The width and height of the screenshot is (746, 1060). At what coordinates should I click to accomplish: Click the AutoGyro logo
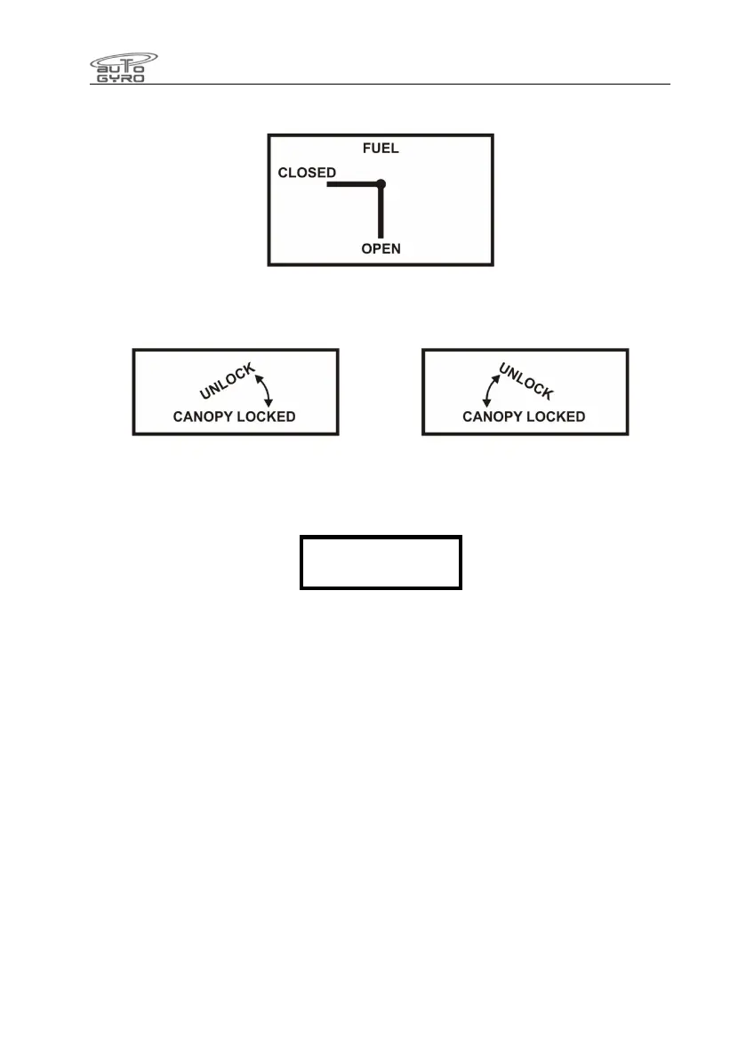(124, 67)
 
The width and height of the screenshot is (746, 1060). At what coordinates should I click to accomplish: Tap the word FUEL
(381, 149)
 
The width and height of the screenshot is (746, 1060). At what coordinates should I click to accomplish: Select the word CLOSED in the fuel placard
(307, 173)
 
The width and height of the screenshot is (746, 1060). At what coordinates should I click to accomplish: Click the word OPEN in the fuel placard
(381, 248)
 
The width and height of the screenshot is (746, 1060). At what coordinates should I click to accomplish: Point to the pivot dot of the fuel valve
(381, 184)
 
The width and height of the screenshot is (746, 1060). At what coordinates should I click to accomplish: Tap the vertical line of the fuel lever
(381, 214)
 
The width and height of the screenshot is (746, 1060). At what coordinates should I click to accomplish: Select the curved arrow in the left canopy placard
(264, 390)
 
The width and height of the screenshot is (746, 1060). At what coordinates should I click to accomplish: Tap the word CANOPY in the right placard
(494, 417)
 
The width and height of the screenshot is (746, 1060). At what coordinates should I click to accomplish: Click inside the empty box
(381, 562)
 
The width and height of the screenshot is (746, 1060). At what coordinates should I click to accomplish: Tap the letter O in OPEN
(366, 248)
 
